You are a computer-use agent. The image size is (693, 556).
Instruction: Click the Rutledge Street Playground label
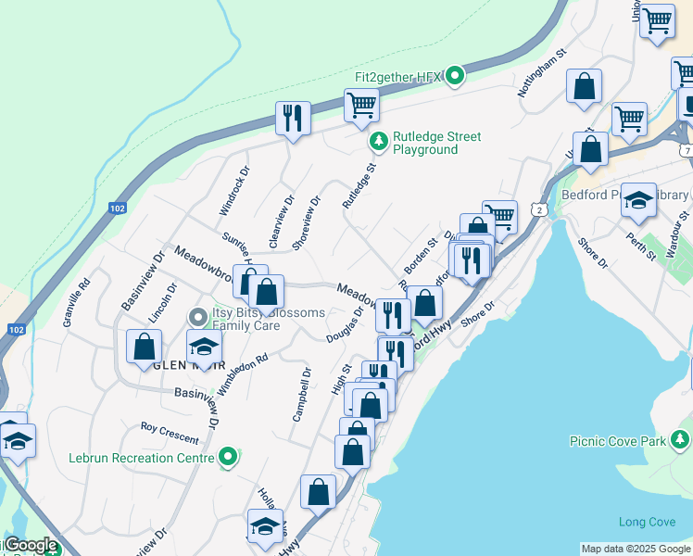pyautogui.click(x=436, y=143)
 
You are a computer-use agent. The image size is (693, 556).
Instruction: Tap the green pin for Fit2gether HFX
pyautogui.click(x=454, y=76)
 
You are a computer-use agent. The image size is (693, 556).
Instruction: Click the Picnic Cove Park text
pyautogui.click(x=619, y=441)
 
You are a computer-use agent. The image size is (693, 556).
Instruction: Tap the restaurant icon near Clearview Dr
pyautogui.click(x=293, y=119)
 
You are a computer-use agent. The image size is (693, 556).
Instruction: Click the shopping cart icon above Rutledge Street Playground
pyautogui.click(x=360, y=105)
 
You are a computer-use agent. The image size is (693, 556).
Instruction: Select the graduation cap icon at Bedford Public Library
pyautogui.click(x=638, y=201)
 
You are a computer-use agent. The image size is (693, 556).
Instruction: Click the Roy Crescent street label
pyautogui.click(x=170, y=433)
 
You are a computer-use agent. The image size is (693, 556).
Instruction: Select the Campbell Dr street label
pyautogui.click(x=301, y=394)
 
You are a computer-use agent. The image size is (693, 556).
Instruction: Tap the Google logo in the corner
pyautogui.click(x=30, y=546)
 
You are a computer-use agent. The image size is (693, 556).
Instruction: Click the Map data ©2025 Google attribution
pyautogui.click(x=636, y=549)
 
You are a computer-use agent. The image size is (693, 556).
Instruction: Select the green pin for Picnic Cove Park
pyautogui.click(x=681, y=437)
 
